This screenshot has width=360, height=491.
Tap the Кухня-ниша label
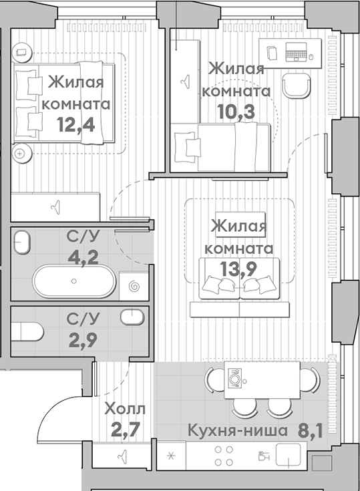[x=237, y=431]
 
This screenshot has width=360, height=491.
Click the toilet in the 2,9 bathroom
[x=27, y=331]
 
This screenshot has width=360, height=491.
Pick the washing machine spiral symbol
[x=134, y=287]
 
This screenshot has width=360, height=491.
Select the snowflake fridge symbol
[x=170, y=456]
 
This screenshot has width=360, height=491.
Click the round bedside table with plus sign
[x=20, y=154]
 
